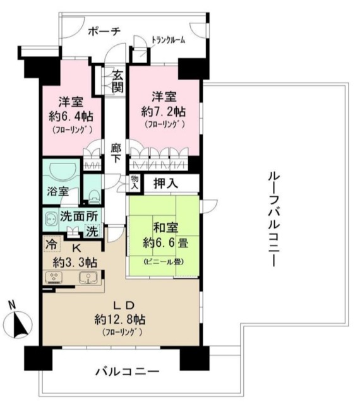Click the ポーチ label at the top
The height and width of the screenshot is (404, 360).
pos(104,32)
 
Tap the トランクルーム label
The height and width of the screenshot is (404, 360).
pos(168,40)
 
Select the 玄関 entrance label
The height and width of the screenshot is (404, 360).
pos(117,80)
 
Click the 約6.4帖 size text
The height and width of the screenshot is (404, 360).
pos(69,116)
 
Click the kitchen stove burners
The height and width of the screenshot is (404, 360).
pos(53,278)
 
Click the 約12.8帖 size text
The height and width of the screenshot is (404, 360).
pos(119,318)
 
